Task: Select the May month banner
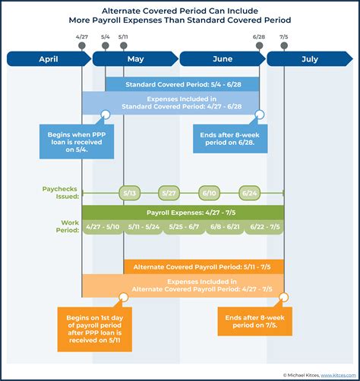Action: click(x=135, y=58)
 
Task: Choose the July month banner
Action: click(x=309, y=58)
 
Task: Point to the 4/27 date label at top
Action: click(x=82, y=36)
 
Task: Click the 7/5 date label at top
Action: click(x=284, y=36)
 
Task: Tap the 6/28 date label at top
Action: click(x=259, y=36)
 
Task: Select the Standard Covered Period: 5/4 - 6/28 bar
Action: click(x=182, y=84)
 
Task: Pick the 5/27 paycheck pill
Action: click(x=169, y=193)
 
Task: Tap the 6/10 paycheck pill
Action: click(x=209, y=193)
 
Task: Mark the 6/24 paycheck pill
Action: click(x=249, y=193)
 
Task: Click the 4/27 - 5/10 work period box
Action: click(x=102, y=227)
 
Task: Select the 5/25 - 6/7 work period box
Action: click(x=182, y=227)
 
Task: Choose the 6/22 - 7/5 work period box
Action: click(x=264, y=227)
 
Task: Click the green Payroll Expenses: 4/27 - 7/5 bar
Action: click(x=182, y=212)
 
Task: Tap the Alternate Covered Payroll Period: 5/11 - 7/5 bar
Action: click(x=204, y=266)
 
